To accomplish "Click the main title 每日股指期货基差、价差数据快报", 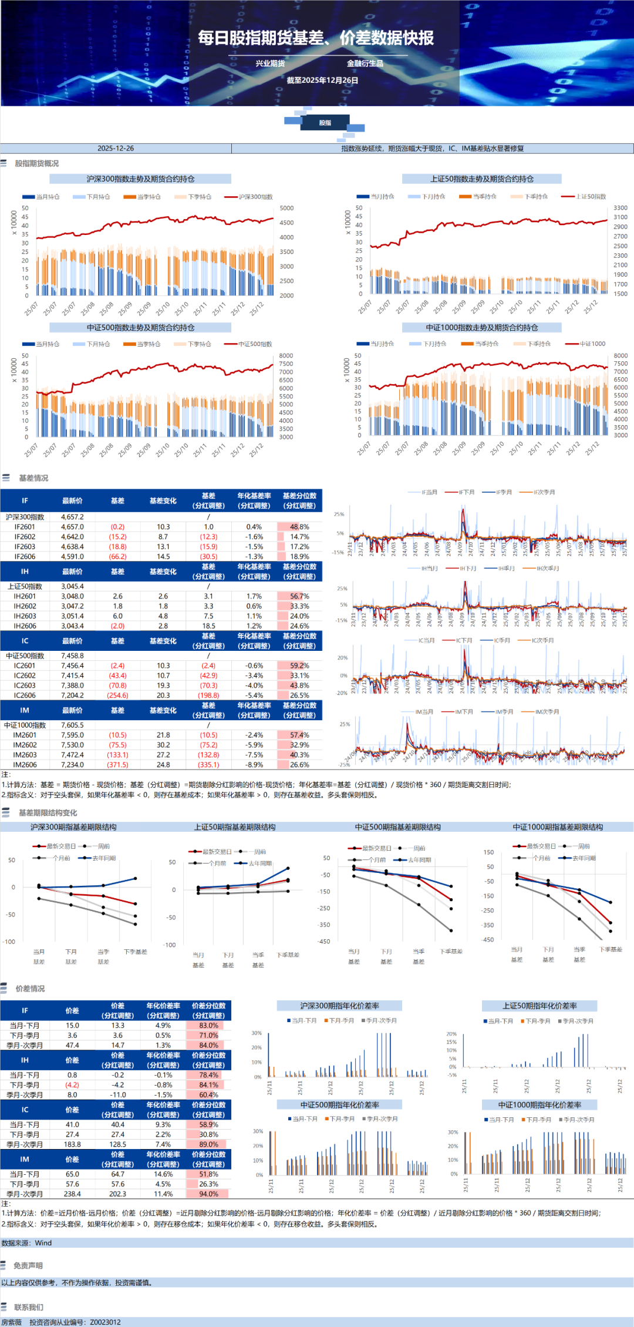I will (316, 38).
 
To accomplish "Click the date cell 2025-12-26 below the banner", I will (116, 149).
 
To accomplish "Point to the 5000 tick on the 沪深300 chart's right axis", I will (286, 208).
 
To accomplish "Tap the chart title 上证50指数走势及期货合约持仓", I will (481, 179).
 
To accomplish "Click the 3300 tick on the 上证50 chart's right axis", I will (620, 208).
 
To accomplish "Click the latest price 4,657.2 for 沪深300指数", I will (72, 517).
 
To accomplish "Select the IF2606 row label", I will (25, 556).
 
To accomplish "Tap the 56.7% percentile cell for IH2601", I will (299, 596).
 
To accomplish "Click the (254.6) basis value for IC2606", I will (117, 695).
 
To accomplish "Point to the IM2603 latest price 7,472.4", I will (72, 755).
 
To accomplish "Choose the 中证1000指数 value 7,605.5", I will (72, 725).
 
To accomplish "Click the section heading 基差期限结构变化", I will (48, 812).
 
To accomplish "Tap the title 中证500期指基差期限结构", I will (397, 827).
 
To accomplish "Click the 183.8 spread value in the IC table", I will (72, 1144).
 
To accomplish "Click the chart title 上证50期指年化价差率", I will (539, 1006).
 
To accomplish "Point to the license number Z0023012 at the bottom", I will (105, 1322).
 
